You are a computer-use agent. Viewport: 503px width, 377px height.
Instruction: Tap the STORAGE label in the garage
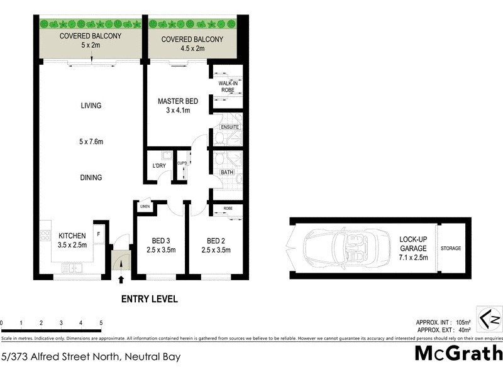(450, 248)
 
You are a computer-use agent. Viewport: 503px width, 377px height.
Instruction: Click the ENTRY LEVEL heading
(149, 299)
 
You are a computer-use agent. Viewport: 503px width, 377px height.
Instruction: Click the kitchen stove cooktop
(46, 237)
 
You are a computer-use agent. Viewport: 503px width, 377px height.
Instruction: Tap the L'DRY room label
(159, 166)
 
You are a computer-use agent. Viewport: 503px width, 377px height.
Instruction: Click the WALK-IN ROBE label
(227, 87)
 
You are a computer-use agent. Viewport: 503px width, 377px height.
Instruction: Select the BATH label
(227, 172)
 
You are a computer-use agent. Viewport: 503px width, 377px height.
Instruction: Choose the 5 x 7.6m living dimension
(91, 141)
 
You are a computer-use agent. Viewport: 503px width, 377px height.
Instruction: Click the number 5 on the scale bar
(101, 323)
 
